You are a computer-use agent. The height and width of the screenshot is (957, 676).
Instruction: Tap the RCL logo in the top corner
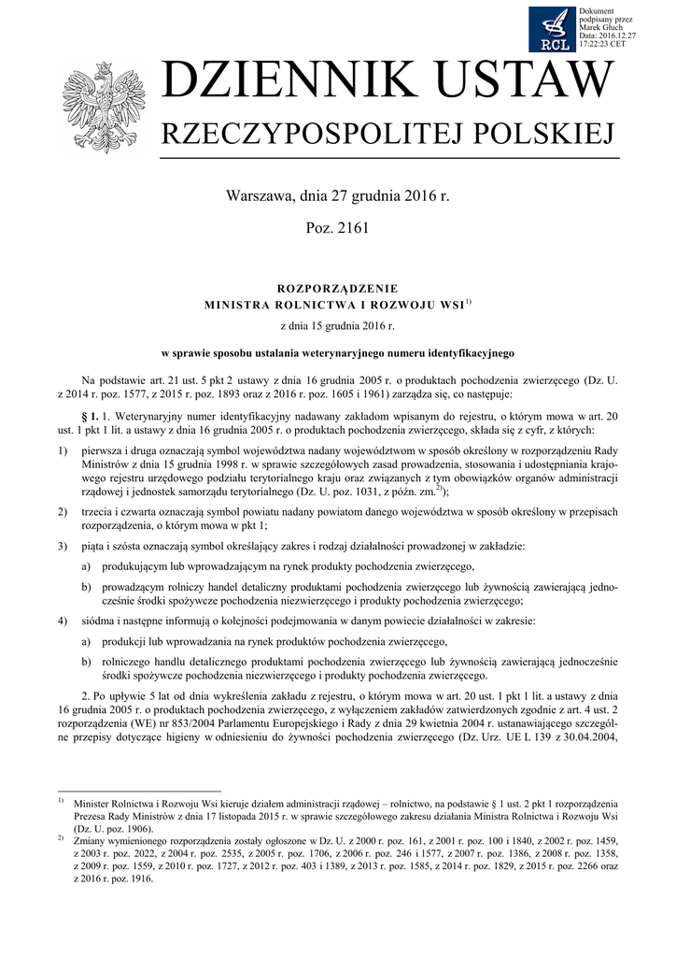[553, 29]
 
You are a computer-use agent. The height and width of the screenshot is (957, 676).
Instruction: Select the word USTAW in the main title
[532, 84]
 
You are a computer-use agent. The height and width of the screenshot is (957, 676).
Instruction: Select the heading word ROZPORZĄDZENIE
[338, 288]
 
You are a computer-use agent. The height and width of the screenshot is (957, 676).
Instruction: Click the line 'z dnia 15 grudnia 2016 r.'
[338, 327]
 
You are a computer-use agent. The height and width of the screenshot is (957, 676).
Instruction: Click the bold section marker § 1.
[91, 414]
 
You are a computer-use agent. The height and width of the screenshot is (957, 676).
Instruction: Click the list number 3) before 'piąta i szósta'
[63, 546]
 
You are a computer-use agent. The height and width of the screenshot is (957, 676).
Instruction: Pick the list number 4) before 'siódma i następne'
[63, 621]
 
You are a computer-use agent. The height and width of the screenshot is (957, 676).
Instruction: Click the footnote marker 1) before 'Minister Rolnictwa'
[60, 801]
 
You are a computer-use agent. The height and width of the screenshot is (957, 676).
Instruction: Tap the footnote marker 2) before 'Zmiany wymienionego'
[60, 838]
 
